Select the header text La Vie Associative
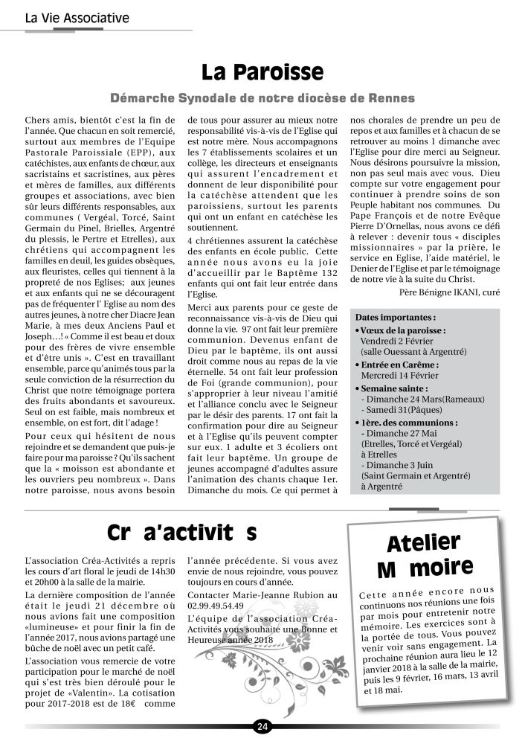(x=77, y=17)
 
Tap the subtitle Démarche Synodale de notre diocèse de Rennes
(x=262, y=98)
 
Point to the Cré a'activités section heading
(x=182, y=533)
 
